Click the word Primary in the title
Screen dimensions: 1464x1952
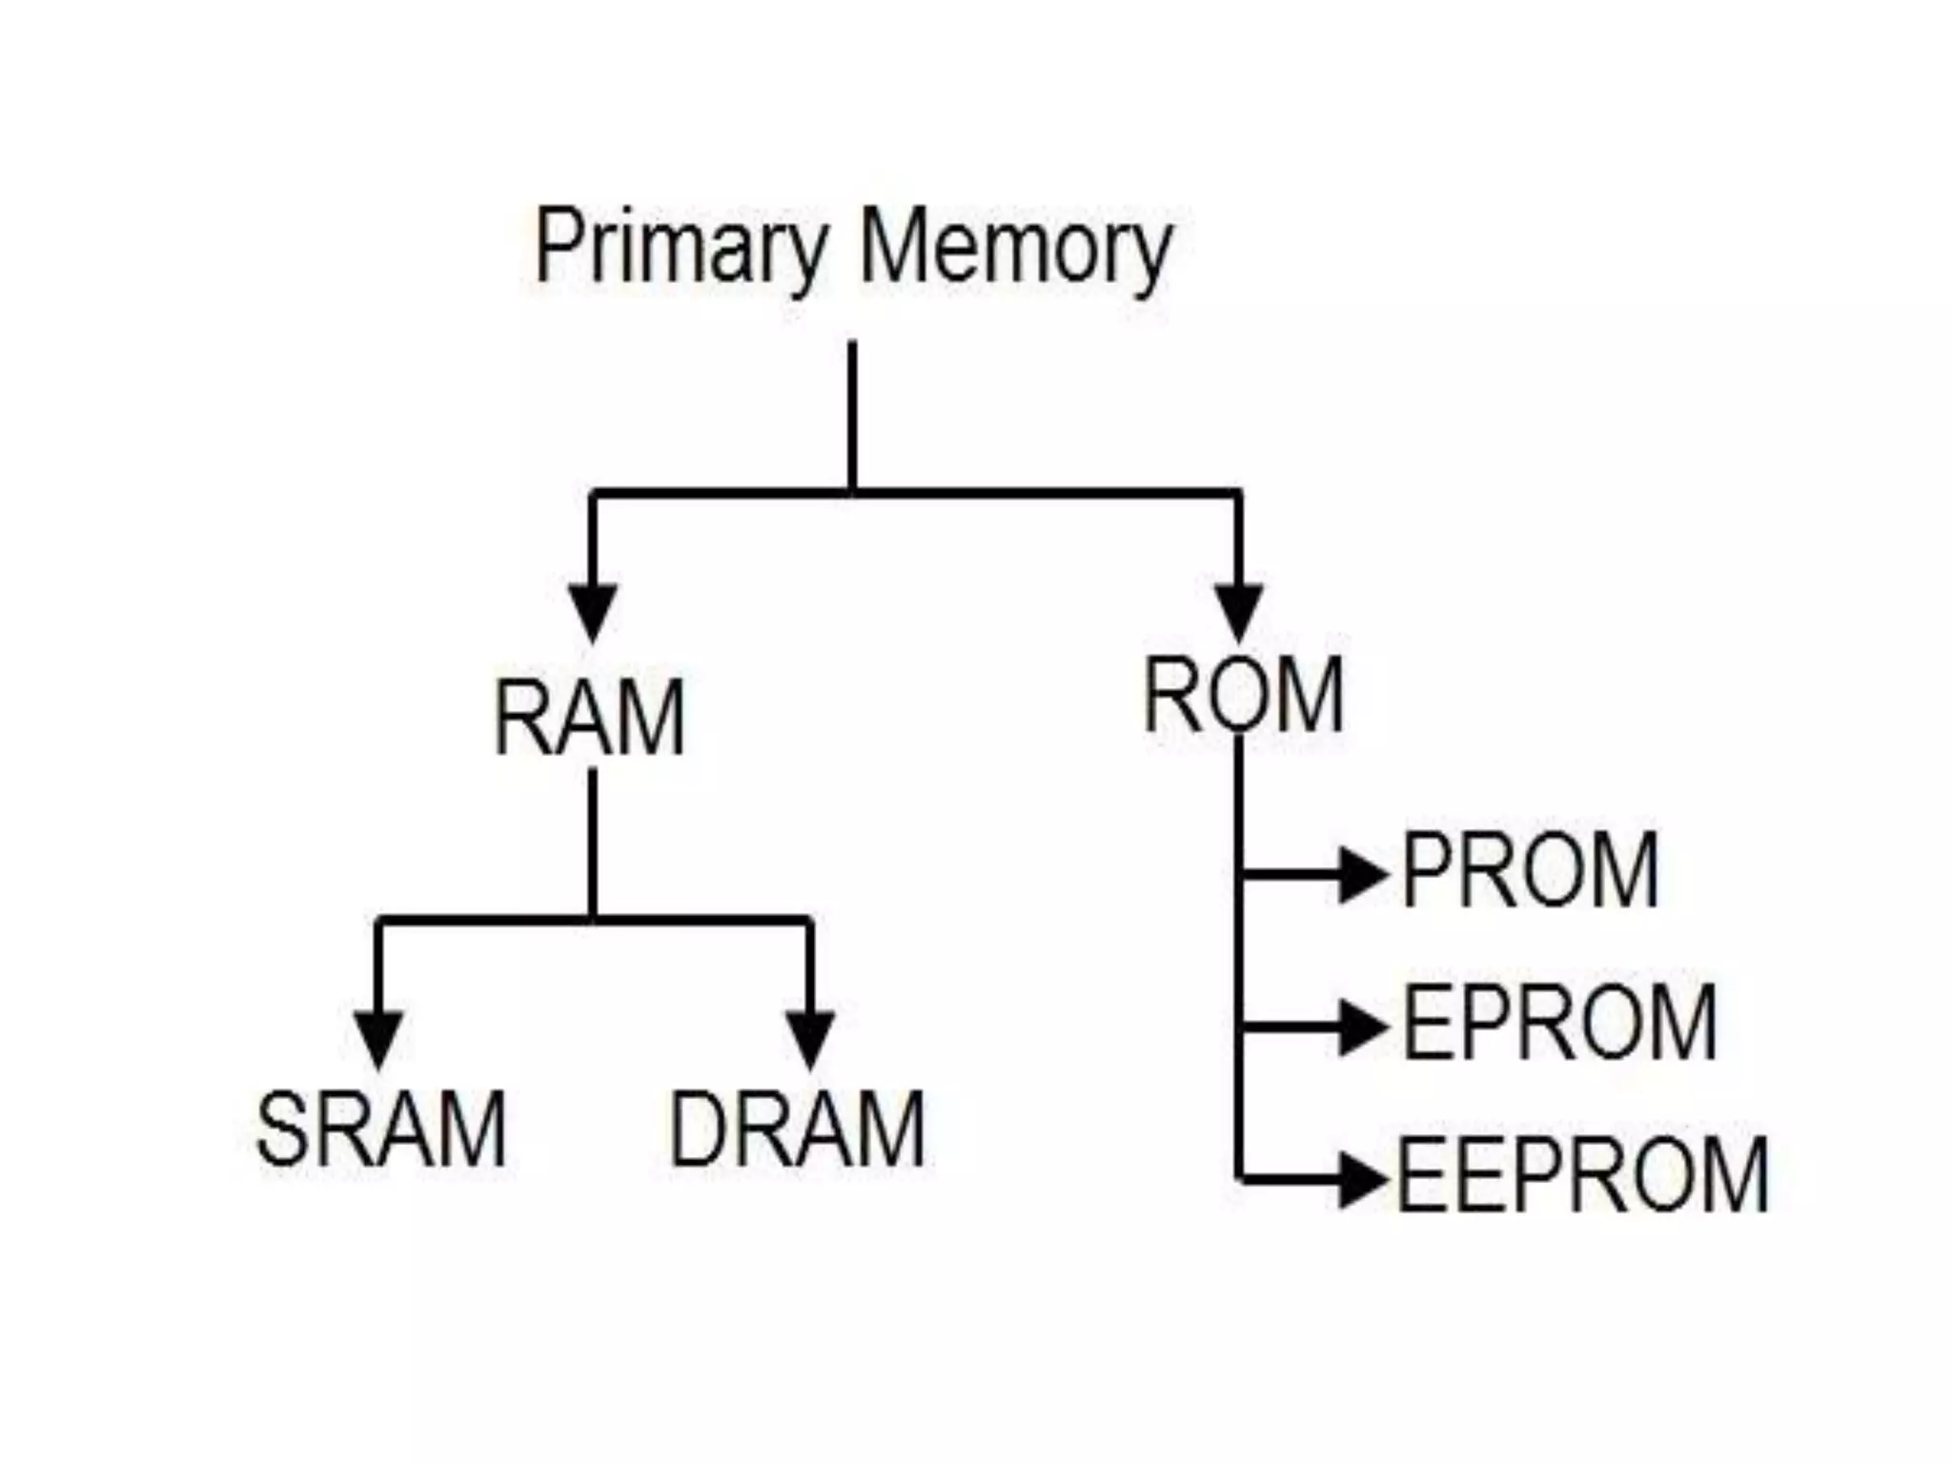click(679, 248)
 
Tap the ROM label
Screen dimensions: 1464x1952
click(1243, 695)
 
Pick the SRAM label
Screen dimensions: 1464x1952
click(381, 1129)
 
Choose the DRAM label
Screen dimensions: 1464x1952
click(797, 1129)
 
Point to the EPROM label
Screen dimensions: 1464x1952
click(1559, 1023)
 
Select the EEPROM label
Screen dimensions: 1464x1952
click(1582, 1174)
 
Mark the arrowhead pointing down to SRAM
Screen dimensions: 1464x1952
click(379, 1036)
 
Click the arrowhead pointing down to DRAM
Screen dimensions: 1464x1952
click(810, 1036)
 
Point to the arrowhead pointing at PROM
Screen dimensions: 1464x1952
click(1361, 874)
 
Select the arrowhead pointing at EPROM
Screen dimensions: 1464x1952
click(1361, 1027)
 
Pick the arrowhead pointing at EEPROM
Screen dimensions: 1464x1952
click(1361, 1180)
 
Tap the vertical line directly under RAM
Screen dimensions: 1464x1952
click(593, 844)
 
